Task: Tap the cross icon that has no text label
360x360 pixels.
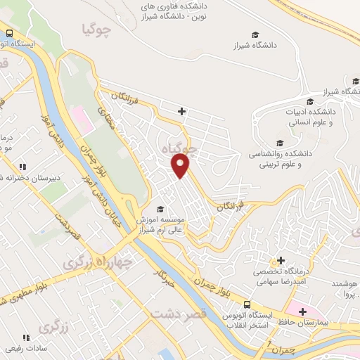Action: pos(182,111)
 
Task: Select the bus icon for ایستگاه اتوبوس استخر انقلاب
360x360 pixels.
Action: pos(247,304)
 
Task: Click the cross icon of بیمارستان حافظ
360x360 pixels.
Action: pos(302,311)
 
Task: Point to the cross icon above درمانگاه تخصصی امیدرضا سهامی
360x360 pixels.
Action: pos(281,261)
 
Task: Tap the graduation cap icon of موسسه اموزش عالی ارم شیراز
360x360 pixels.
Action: pos(160,209)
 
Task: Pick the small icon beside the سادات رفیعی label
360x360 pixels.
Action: pos(27,338)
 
